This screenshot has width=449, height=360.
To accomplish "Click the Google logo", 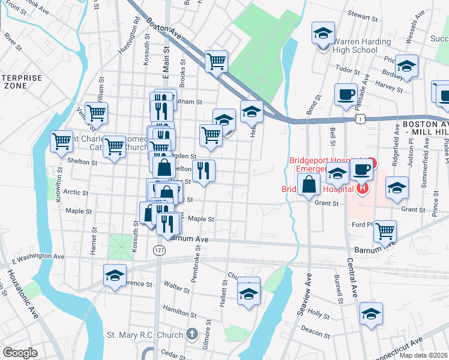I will [x=20, y=353].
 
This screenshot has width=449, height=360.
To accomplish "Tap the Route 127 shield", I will [x=158, y=250].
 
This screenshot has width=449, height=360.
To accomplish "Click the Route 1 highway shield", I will [x=358, y=120].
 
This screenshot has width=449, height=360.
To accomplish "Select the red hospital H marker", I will [x=362, y=190].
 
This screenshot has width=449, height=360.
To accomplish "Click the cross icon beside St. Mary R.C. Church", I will [x=191, y=334].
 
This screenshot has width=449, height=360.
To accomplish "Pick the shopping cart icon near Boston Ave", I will [x=215, y=61].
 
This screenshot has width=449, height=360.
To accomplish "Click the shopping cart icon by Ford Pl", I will [x=384, y=230].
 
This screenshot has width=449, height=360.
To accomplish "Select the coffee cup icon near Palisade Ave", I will [x=346, y=95].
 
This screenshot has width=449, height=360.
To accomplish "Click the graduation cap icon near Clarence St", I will [x=115, y=275].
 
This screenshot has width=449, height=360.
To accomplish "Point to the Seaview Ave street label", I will [x=307, y=287].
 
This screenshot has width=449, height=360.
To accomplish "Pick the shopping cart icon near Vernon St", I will [x=96, y=112].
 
